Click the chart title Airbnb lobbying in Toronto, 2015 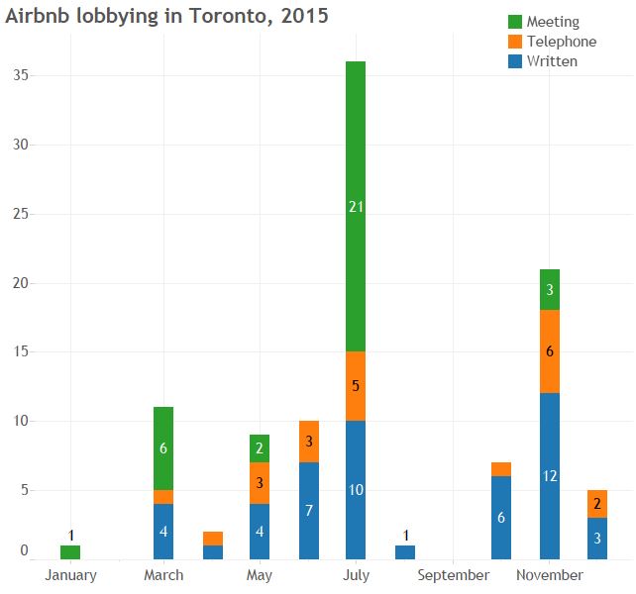pos(167,16)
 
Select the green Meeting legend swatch pos(515,22)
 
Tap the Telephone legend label pos(562,42)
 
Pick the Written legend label pos(552,61)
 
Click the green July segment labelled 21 pos(356,206)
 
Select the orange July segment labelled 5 pos(356,386)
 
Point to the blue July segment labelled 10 pos(356,490)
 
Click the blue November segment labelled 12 pos(550,476)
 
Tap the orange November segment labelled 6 pos(550,351)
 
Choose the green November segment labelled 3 pos(550,289)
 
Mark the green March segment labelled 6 pos(163,447)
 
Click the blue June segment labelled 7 pos(309,511)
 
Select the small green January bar pos(70,552)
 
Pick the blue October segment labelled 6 pos(502,518)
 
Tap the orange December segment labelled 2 pos(597,503)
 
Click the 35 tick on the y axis pos(19,75)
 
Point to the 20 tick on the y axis pos(19,283)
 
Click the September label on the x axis pos(454,575)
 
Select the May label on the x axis pos(259,575)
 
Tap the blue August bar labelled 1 pos(404,552)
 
